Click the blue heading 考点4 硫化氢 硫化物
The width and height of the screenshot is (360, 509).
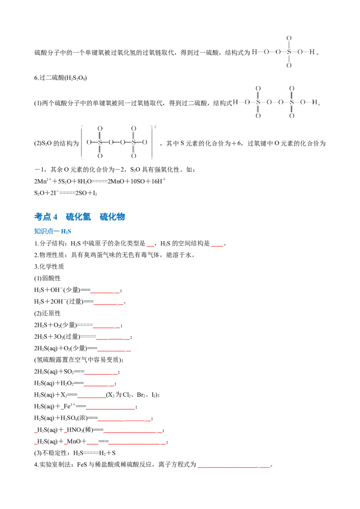[79, 217]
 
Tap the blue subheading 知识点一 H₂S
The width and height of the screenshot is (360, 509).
[53, 231]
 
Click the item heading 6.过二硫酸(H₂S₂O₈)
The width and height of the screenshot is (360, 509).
[60, 78]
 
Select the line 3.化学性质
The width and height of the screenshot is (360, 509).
[49, 267]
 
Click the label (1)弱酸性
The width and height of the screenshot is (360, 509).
[47, 278]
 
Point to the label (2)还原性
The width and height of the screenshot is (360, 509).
[47, 313]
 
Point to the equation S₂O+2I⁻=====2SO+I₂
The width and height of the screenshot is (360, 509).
[66, 193]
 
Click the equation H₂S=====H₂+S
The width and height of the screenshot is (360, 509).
[94, 453]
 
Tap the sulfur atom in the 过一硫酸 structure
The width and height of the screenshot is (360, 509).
[289, 52]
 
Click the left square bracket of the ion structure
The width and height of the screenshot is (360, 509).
[82, 143]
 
